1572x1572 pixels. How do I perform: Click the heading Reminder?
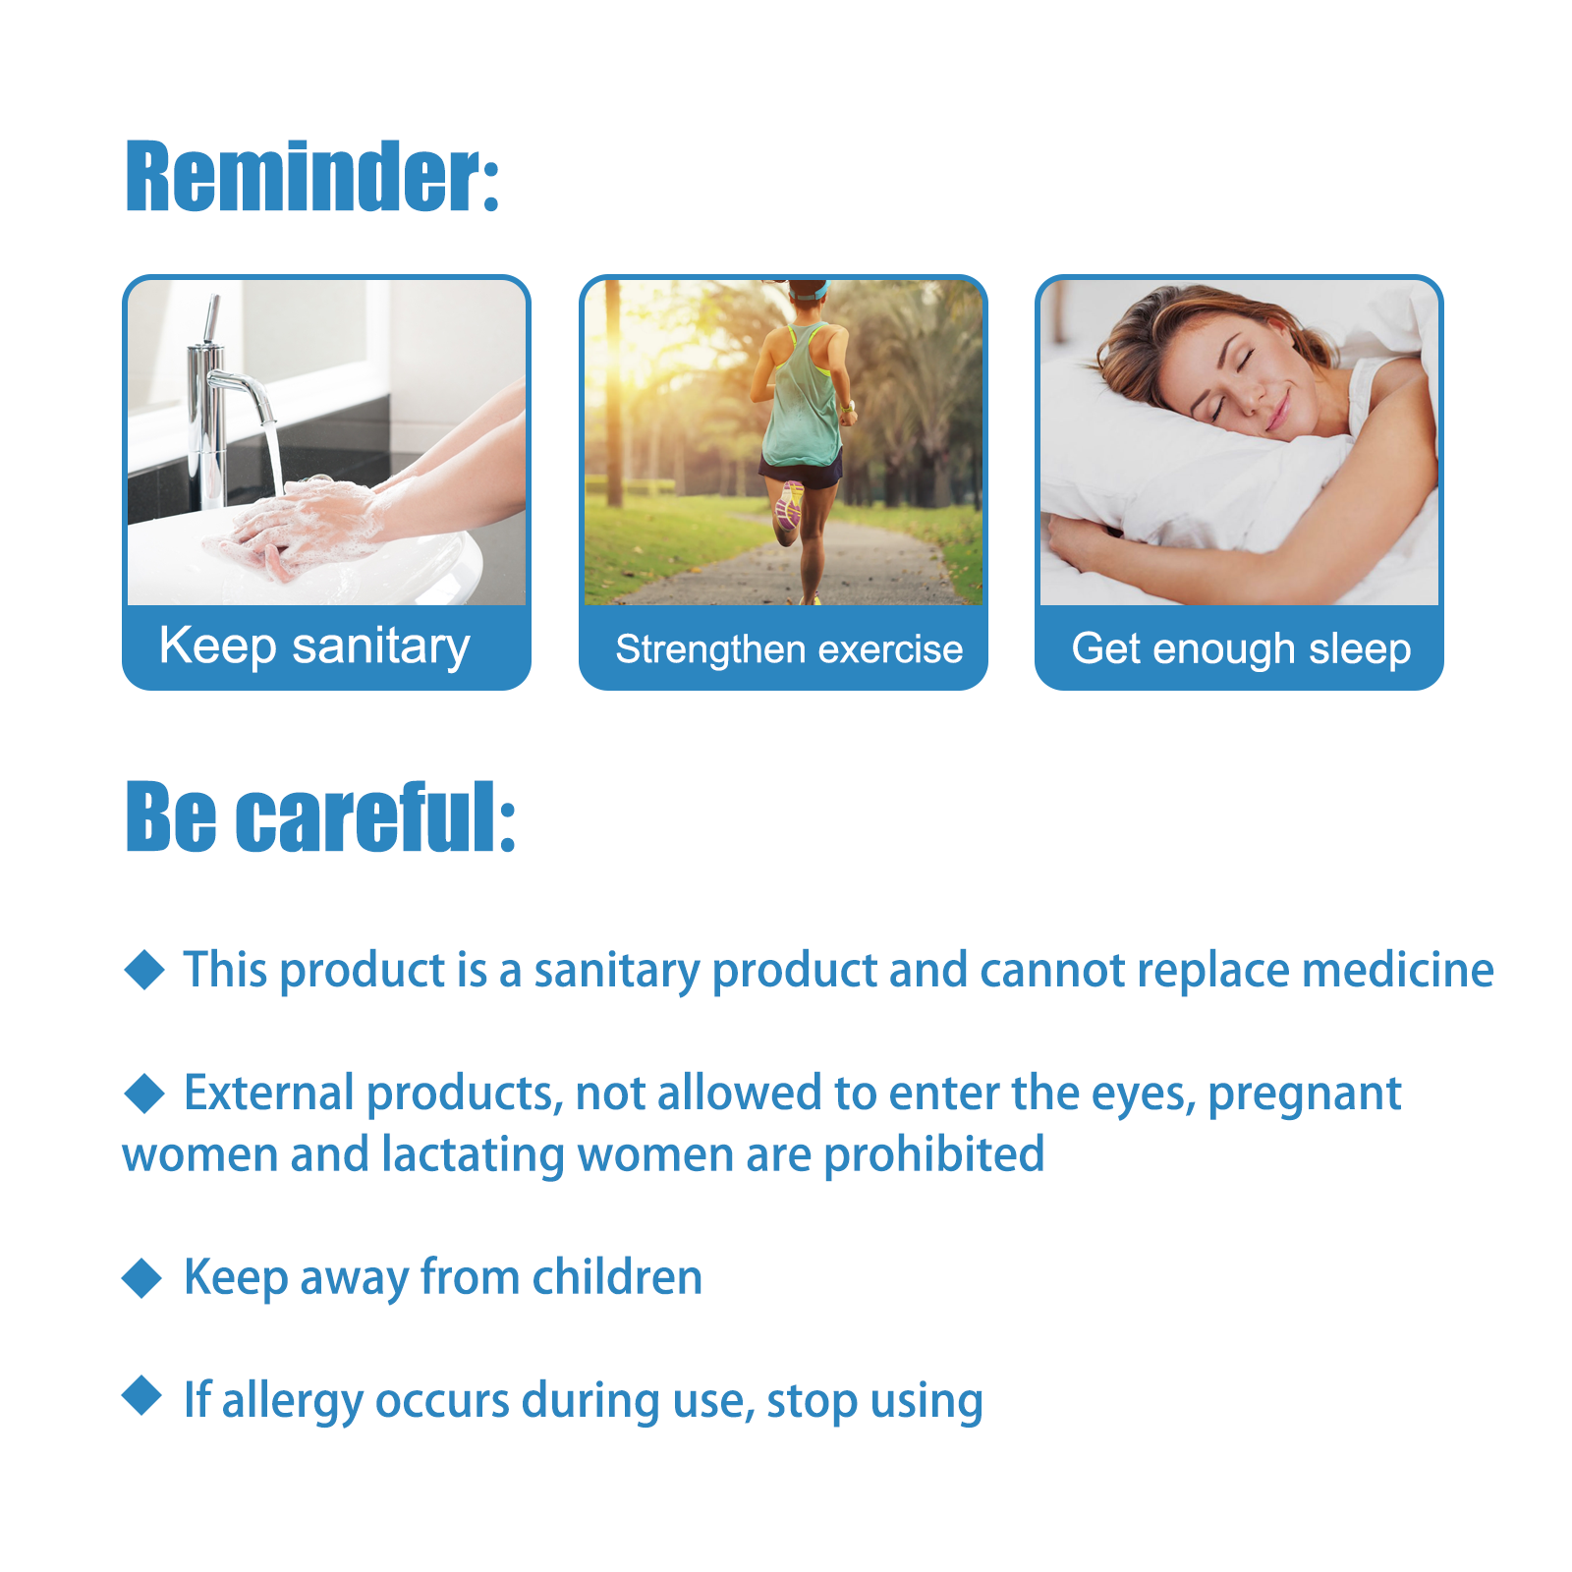pos(312,177)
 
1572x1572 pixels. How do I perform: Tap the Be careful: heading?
pos(320,816)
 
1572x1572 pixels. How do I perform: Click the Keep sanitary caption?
pos(314,647)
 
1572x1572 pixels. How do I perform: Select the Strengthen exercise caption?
pos(789,649)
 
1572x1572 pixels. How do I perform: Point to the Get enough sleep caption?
pos(1241,649)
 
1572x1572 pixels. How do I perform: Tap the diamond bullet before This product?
pos(145,970)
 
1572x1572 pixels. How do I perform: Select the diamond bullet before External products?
pos(145,1093)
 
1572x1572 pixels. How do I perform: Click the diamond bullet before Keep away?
pos(142,1277)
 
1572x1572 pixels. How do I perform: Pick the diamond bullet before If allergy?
pos(142,1395)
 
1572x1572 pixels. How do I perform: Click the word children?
pos(617,1276)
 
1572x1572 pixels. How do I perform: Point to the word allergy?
pos(293,1401)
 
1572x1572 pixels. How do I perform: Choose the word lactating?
pos(474,1155)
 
